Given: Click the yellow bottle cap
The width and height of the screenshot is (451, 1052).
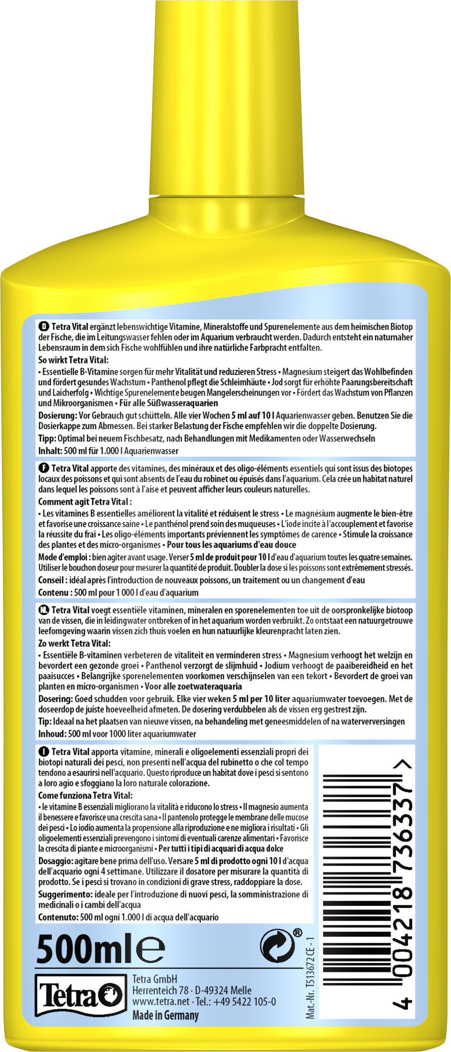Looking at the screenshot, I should point(226,98).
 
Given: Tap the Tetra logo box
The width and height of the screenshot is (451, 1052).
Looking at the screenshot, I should point(81,995).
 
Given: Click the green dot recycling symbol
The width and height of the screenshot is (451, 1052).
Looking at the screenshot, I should point(278,946).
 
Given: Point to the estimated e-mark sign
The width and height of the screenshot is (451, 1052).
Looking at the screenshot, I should point(150,949).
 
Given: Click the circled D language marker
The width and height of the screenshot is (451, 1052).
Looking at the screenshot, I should point(44,326).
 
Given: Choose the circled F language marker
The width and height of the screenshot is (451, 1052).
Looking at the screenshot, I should point(44,468).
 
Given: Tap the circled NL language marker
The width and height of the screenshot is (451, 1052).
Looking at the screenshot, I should point(44,610).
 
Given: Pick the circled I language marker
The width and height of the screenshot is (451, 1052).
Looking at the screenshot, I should point(43,751).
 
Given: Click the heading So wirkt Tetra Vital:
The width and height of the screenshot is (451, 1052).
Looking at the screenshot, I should point(74,360).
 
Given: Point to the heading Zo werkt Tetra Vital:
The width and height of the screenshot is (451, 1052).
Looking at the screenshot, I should point(74,643).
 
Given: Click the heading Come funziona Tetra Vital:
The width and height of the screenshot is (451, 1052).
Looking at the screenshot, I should point(85,795).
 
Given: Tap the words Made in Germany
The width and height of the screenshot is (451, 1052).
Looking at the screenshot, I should point(165,1015).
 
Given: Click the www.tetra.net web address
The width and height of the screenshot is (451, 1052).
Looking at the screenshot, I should point(161,1001).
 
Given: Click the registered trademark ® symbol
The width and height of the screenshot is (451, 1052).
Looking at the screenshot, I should point(298,932).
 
